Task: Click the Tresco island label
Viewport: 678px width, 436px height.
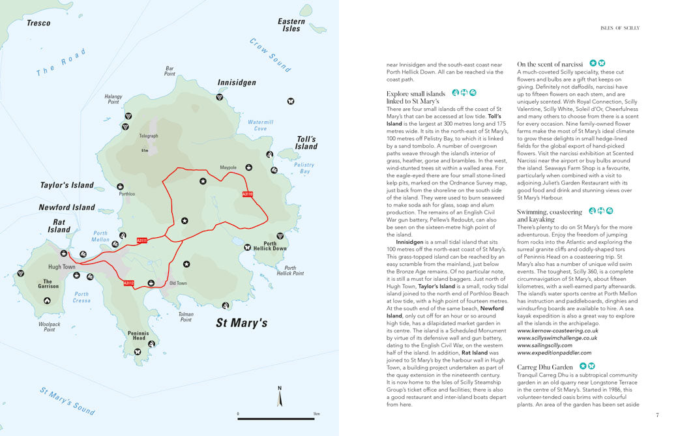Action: click(x=38, y=23)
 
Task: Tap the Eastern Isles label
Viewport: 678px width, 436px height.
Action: click(x=291, y=25)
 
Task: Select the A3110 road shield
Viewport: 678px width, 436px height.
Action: click(x=247, y=194)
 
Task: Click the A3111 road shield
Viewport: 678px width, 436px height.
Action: click(x=141, y=240)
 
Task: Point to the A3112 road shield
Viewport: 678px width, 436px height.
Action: click(x=128, y=283)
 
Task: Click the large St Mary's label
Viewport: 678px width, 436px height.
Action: click(x=241, y=323)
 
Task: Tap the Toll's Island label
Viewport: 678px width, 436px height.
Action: click(x=306, y=143)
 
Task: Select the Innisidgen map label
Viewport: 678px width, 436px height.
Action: click(x=236, y=83)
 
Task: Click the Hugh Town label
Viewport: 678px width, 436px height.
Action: click(x=62, y=267)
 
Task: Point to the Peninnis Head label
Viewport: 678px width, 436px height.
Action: click(x=138, y=336)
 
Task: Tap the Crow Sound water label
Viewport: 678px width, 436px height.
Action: click(x=270, y=54)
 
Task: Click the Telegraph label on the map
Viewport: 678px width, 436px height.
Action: click(x=148, y=136)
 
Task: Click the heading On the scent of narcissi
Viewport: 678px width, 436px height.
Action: click(x=550, y=65)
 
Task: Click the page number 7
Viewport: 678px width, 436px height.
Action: click(x=658, y=414)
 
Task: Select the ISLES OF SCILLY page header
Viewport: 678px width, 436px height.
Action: click(x=619, y=28)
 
